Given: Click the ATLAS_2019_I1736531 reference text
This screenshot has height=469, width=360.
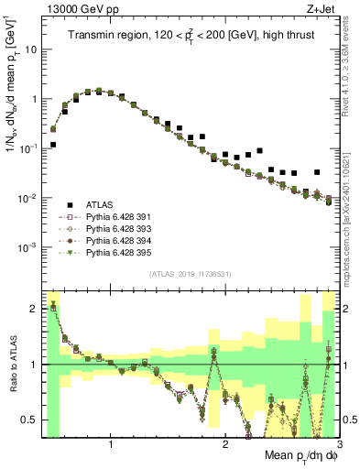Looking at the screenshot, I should (x=191, y=274).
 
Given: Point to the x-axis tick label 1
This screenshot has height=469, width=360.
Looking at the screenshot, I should (x=111, y=446).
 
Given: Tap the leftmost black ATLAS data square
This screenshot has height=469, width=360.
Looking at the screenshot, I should (x=53, y=145).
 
